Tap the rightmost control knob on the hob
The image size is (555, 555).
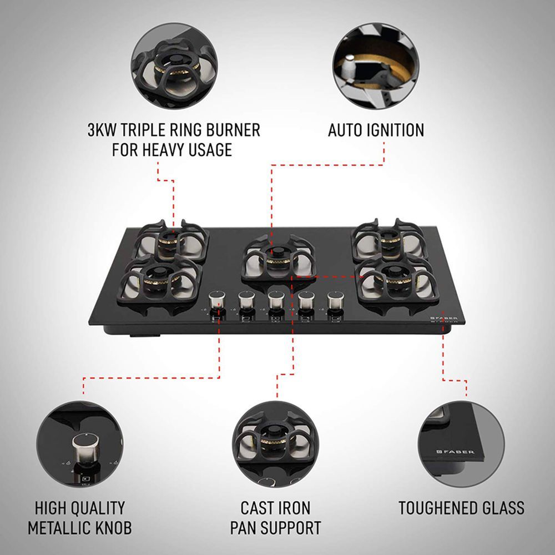334,302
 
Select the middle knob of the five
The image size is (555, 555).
274,302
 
